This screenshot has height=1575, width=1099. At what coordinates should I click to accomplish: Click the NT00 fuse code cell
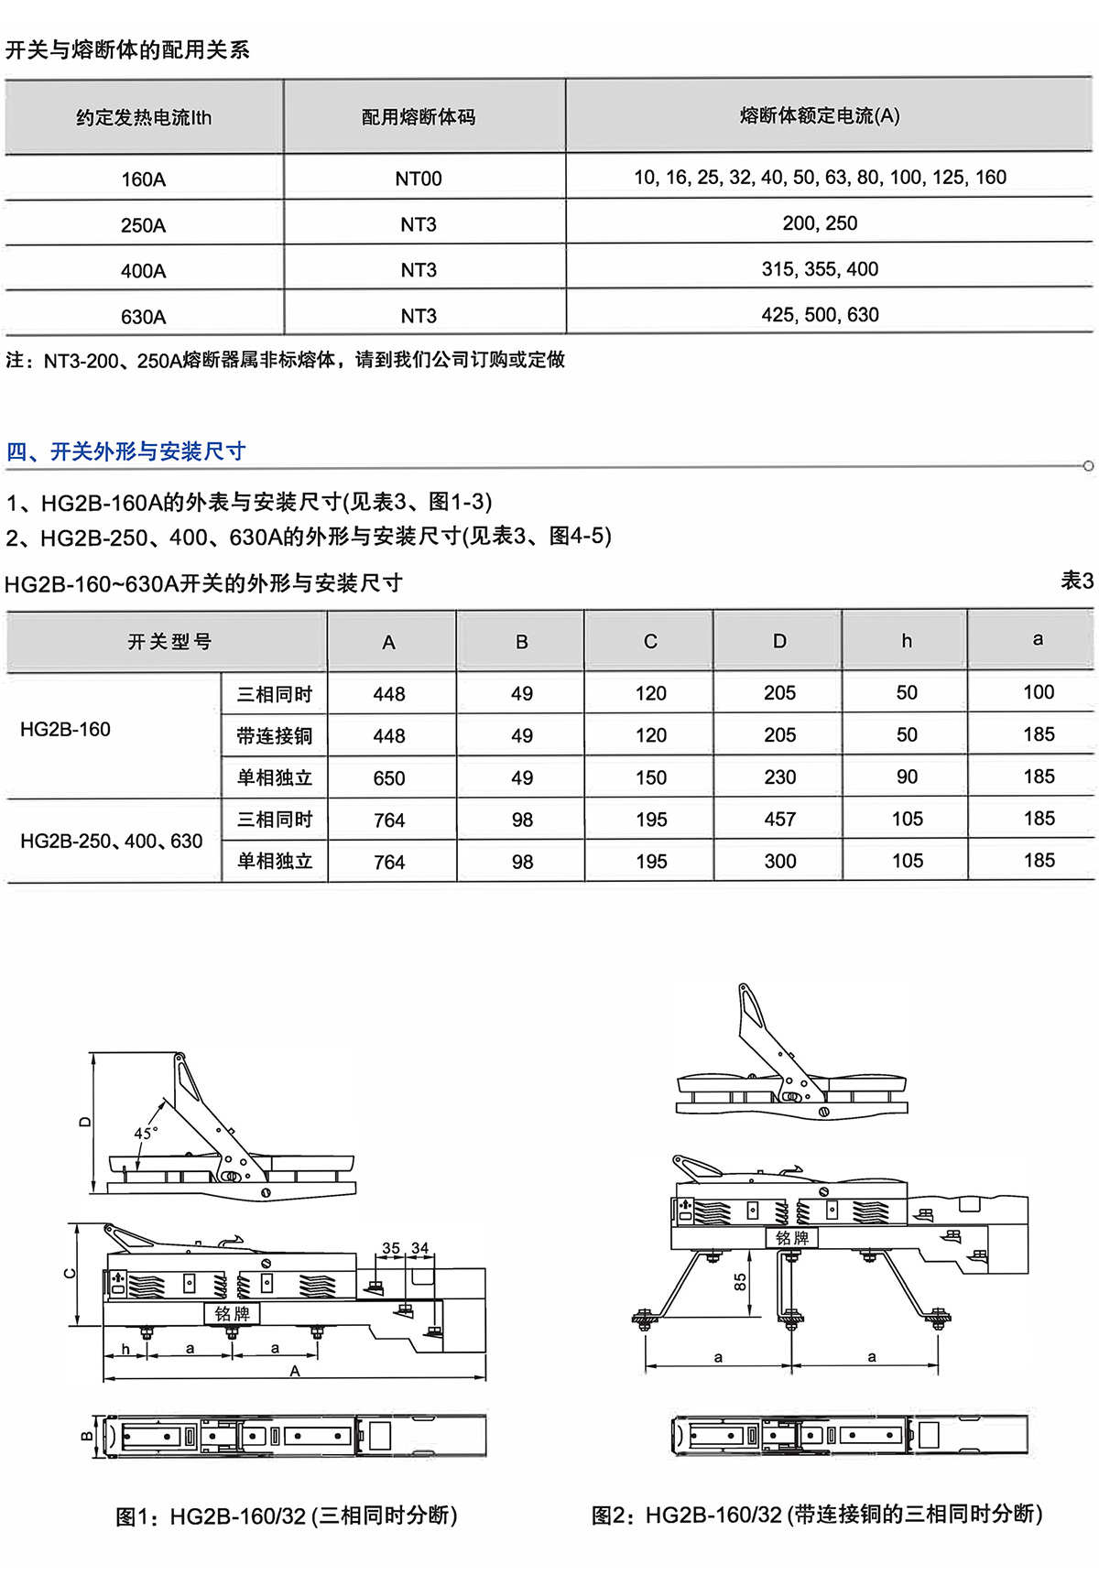tap(419, 179)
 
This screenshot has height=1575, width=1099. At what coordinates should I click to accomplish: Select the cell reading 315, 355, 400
tap(820, 269)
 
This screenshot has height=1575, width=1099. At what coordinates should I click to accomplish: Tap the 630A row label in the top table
tap(144, 317)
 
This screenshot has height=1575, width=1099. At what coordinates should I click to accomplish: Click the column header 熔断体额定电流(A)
tap(820, 116)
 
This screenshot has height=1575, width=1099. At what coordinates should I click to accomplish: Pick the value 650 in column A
tap(389, 778)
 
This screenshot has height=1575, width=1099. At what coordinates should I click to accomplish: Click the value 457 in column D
tap(779, 820)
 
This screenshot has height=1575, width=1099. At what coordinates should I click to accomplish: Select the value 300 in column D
tap(779, 862)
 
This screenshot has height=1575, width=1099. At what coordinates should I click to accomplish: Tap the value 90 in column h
tap(907, 777)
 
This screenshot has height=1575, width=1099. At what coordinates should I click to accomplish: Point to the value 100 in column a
tap(1039, 692)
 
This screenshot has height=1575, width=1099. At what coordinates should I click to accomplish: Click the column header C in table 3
tap(650, 642)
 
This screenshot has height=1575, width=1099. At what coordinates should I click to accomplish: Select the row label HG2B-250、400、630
tap(112, 841)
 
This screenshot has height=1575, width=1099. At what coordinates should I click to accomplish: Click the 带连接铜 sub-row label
tap(275, 736)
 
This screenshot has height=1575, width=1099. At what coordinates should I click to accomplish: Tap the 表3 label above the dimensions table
tap(1077, 581)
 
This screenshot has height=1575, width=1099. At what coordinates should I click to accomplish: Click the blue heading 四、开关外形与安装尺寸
tap(126, 451)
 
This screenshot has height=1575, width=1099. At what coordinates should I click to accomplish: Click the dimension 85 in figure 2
tap(740, 1282)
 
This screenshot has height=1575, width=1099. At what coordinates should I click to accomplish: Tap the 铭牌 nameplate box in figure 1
tap(232, 1314)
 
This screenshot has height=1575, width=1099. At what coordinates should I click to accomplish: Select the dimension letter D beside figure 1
tap(84, 1122)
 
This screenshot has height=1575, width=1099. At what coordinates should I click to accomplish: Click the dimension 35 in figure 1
tap(391, 1248)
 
